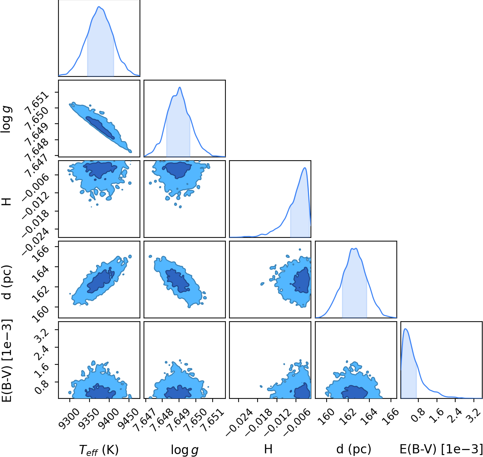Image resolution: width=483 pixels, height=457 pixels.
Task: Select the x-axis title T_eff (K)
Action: [x=99, y=449]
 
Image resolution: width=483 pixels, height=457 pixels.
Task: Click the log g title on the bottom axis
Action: [x=185, y=450]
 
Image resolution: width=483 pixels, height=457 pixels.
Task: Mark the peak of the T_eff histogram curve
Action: [x=99, y=7]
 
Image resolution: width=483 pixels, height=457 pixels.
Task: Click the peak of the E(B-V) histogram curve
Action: [x=405, y=329]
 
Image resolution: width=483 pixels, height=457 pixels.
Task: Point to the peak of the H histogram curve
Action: [x=304, y=168]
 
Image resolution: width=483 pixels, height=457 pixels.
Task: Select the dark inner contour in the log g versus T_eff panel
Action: [x=100, y=128]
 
